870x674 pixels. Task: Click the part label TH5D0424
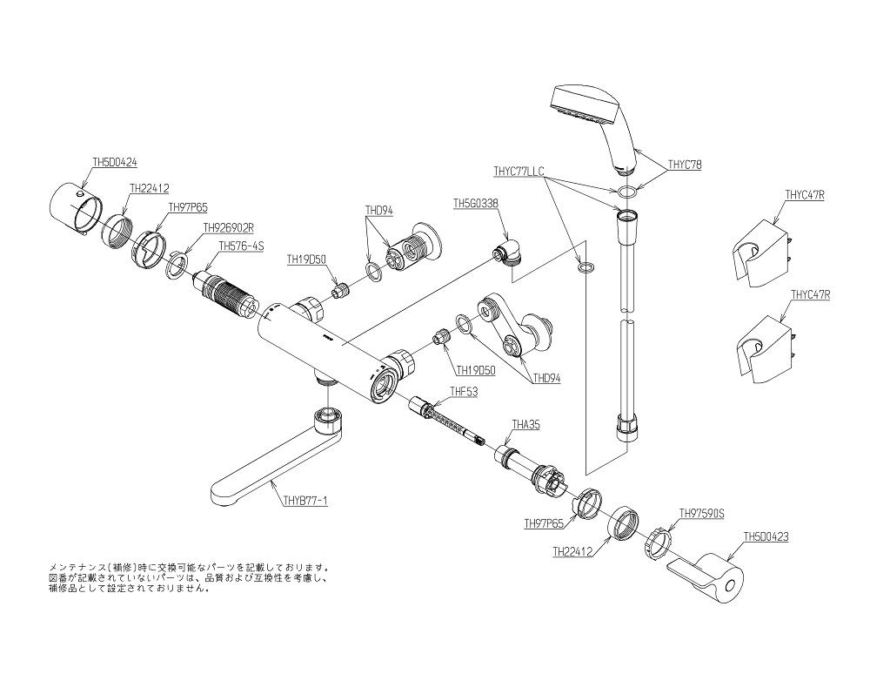coord(115,161)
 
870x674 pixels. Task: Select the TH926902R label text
coord(228,227)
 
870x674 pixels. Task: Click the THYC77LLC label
coord(518,172)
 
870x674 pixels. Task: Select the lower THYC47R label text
coord(810,295)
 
